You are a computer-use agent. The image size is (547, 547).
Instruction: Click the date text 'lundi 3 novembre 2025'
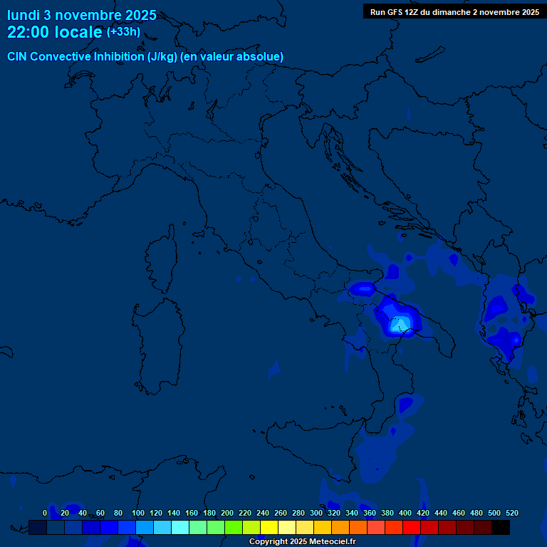tap(82, 15)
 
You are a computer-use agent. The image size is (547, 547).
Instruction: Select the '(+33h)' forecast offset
tap(123, 32)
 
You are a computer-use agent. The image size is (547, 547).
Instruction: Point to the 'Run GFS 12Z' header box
tap(454, 11)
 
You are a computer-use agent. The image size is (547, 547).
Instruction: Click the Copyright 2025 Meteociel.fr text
tap(303, 542)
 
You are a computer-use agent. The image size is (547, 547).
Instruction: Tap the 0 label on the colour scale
tap(45, 513)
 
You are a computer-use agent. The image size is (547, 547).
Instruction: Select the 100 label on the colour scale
tap(138, 513)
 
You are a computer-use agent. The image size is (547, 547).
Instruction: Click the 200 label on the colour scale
tap(227, 513)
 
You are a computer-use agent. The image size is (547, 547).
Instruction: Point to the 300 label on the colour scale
tap(316, 513)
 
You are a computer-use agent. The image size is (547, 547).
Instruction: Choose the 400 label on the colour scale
tap(405, 513)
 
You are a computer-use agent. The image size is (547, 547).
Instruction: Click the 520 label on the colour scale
tap(511, 513)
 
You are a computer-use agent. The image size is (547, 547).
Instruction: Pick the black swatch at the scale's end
tap(501, 528)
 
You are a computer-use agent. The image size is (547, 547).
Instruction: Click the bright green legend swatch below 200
tap(234, 528)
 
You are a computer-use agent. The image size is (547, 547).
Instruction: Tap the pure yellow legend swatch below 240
tap(269, 528)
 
